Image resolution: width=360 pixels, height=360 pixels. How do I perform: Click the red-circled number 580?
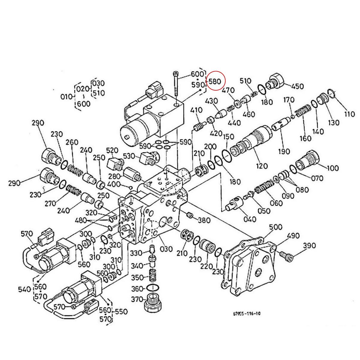(x=215, y=81)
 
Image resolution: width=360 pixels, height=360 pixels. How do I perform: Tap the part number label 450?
(x=297, y=87)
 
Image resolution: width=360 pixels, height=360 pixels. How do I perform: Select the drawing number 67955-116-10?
(x=247, y=314)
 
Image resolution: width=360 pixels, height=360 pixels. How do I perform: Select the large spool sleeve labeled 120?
(x=253, y=141)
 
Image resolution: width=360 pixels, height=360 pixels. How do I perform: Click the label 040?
(x=250, y=219)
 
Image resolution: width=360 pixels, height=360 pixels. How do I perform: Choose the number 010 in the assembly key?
(x=67, y=97)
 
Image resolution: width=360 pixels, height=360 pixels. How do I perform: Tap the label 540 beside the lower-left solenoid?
(x=25, y=289)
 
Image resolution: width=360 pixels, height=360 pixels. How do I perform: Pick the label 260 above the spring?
(x=72, y=142)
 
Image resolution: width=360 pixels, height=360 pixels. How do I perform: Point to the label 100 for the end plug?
(x=332, y=168)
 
